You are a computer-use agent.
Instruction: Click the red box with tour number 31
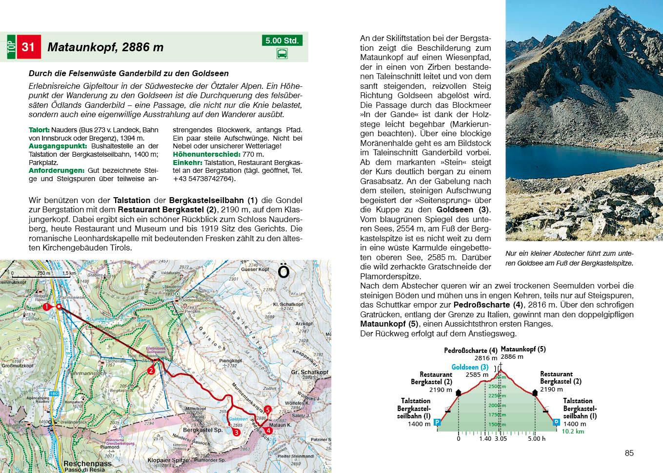28,47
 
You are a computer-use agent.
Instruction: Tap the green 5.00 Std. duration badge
282,41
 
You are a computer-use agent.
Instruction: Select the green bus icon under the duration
282,54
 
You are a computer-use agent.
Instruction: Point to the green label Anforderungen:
57,170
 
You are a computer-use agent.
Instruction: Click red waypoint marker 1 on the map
46,307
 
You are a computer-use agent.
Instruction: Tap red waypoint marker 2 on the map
151,370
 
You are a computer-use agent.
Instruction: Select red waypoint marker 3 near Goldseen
236,432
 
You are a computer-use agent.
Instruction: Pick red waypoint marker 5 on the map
267,410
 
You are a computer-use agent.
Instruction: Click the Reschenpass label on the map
87,463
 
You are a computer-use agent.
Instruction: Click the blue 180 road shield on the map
54,393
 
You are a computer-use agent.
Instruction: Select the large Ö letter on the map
283,271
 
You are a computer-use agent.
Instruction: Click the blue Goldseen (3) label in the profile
470,367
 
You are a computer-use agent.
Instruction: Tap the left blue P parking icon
437,422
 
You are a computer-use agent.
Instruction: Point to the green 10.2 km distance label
573,432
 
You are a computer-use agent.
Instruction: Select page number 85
629,453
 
